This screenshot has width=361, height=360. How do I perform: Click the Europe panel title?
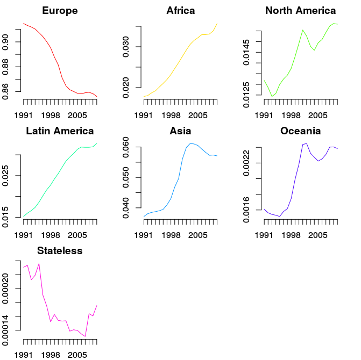60,11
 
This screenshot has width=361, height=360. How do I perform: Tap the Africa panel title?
180,11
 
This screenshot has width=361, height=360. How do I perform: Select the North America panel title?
301,11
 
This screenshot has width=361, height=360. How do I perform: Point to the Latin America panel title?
60,131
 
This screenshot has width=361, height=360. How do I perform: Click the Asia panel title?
180,131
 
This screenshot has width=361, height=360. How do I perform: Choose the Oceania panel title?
301,131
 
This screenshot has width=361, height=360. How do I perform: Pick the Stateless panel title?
60,251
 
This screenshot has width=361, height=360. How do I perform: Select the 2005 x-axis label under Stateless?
77,355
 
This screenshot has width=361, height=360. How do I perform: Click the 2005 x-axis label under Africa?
197,115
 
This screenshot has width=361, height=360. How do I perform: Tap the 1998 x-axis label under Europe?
51,115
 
